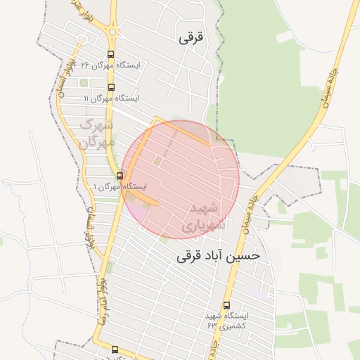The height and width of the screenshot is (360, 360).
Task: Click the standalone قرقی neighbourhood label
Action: coord(190,37)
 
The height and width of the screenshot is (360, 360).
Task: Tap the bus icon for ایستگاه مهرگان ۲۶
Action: coord(111,54)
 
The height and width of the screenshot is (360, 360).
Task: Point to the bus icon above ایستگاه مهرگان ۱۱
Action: coord(111,87)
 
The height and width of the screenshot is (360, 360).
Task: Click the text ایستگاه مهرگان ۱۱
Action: coord(111,98)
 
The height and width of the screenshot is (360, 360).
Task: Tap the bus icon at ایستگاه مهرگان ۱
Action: coord(119,176)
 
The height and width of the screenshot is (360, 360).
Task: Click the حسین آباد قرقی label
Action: coord(219,256)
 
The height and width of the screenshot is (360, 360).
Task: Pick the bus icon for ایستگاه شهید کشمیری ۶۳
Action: coord(226,305)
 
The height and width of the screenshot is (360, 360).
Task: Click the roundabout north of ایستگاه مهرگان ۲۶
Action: coord(112,32)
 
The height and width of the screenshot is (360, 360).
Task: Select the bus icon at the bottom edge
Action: coord(115,349)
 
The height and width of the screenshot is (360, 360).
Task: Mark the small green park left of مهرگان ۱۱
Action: coord(84,83)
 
